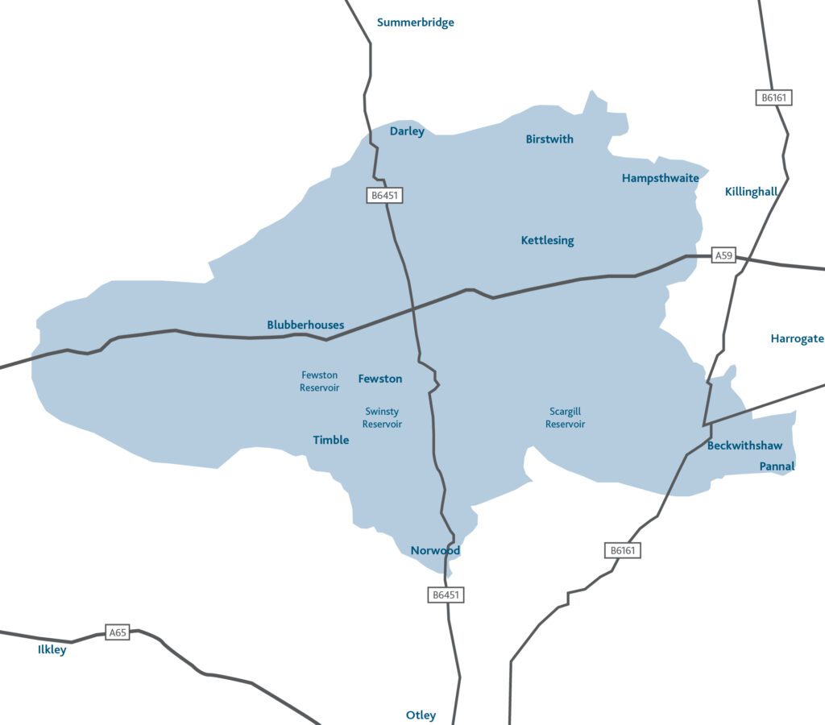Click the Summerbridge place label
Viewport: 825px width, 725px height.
[415, 23]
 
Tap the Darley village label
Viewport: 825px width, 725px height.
[407, 131]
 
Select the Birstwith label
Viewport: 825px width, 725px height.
[549, 139]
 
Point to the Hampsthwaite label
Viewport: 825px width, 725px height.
[660, 178]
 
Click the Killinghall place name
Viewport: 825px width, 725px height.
[751, 192]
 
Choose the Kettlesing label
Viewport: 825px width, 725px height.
[547, 240]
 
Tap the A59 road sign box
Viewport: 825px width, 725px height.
[724, 256]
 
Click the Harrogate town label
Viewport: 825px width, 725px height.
[797, 338]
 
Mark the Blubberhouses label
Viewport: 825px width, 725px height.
[305, 325]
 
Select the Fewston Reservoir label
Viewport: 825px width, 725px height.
[319, 381]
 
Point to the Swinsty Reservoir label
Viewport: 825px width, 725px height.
[382, 417]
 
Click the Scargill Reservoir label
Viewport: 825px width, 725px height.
[565, 417]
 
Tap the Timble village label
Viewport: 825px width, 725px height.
[330, 440]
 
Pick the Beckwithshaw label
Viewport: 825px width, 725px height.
[744, 445]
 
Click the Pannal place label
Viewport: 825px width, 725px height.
[777, 466]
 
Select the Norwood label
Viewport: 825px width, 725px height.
[435, 551]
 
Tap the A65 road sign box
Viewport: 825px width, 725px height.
[118, 632]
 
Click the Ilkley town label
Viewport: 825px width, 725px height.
[52, 649]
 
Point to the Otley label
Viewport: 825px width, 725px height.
[421, 715]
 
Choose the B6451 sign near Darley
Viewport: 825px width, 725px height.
[383, 195]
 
